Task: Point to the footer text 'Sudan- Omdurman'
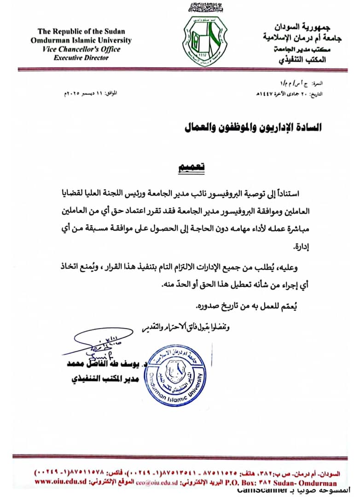coord(308,483)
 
